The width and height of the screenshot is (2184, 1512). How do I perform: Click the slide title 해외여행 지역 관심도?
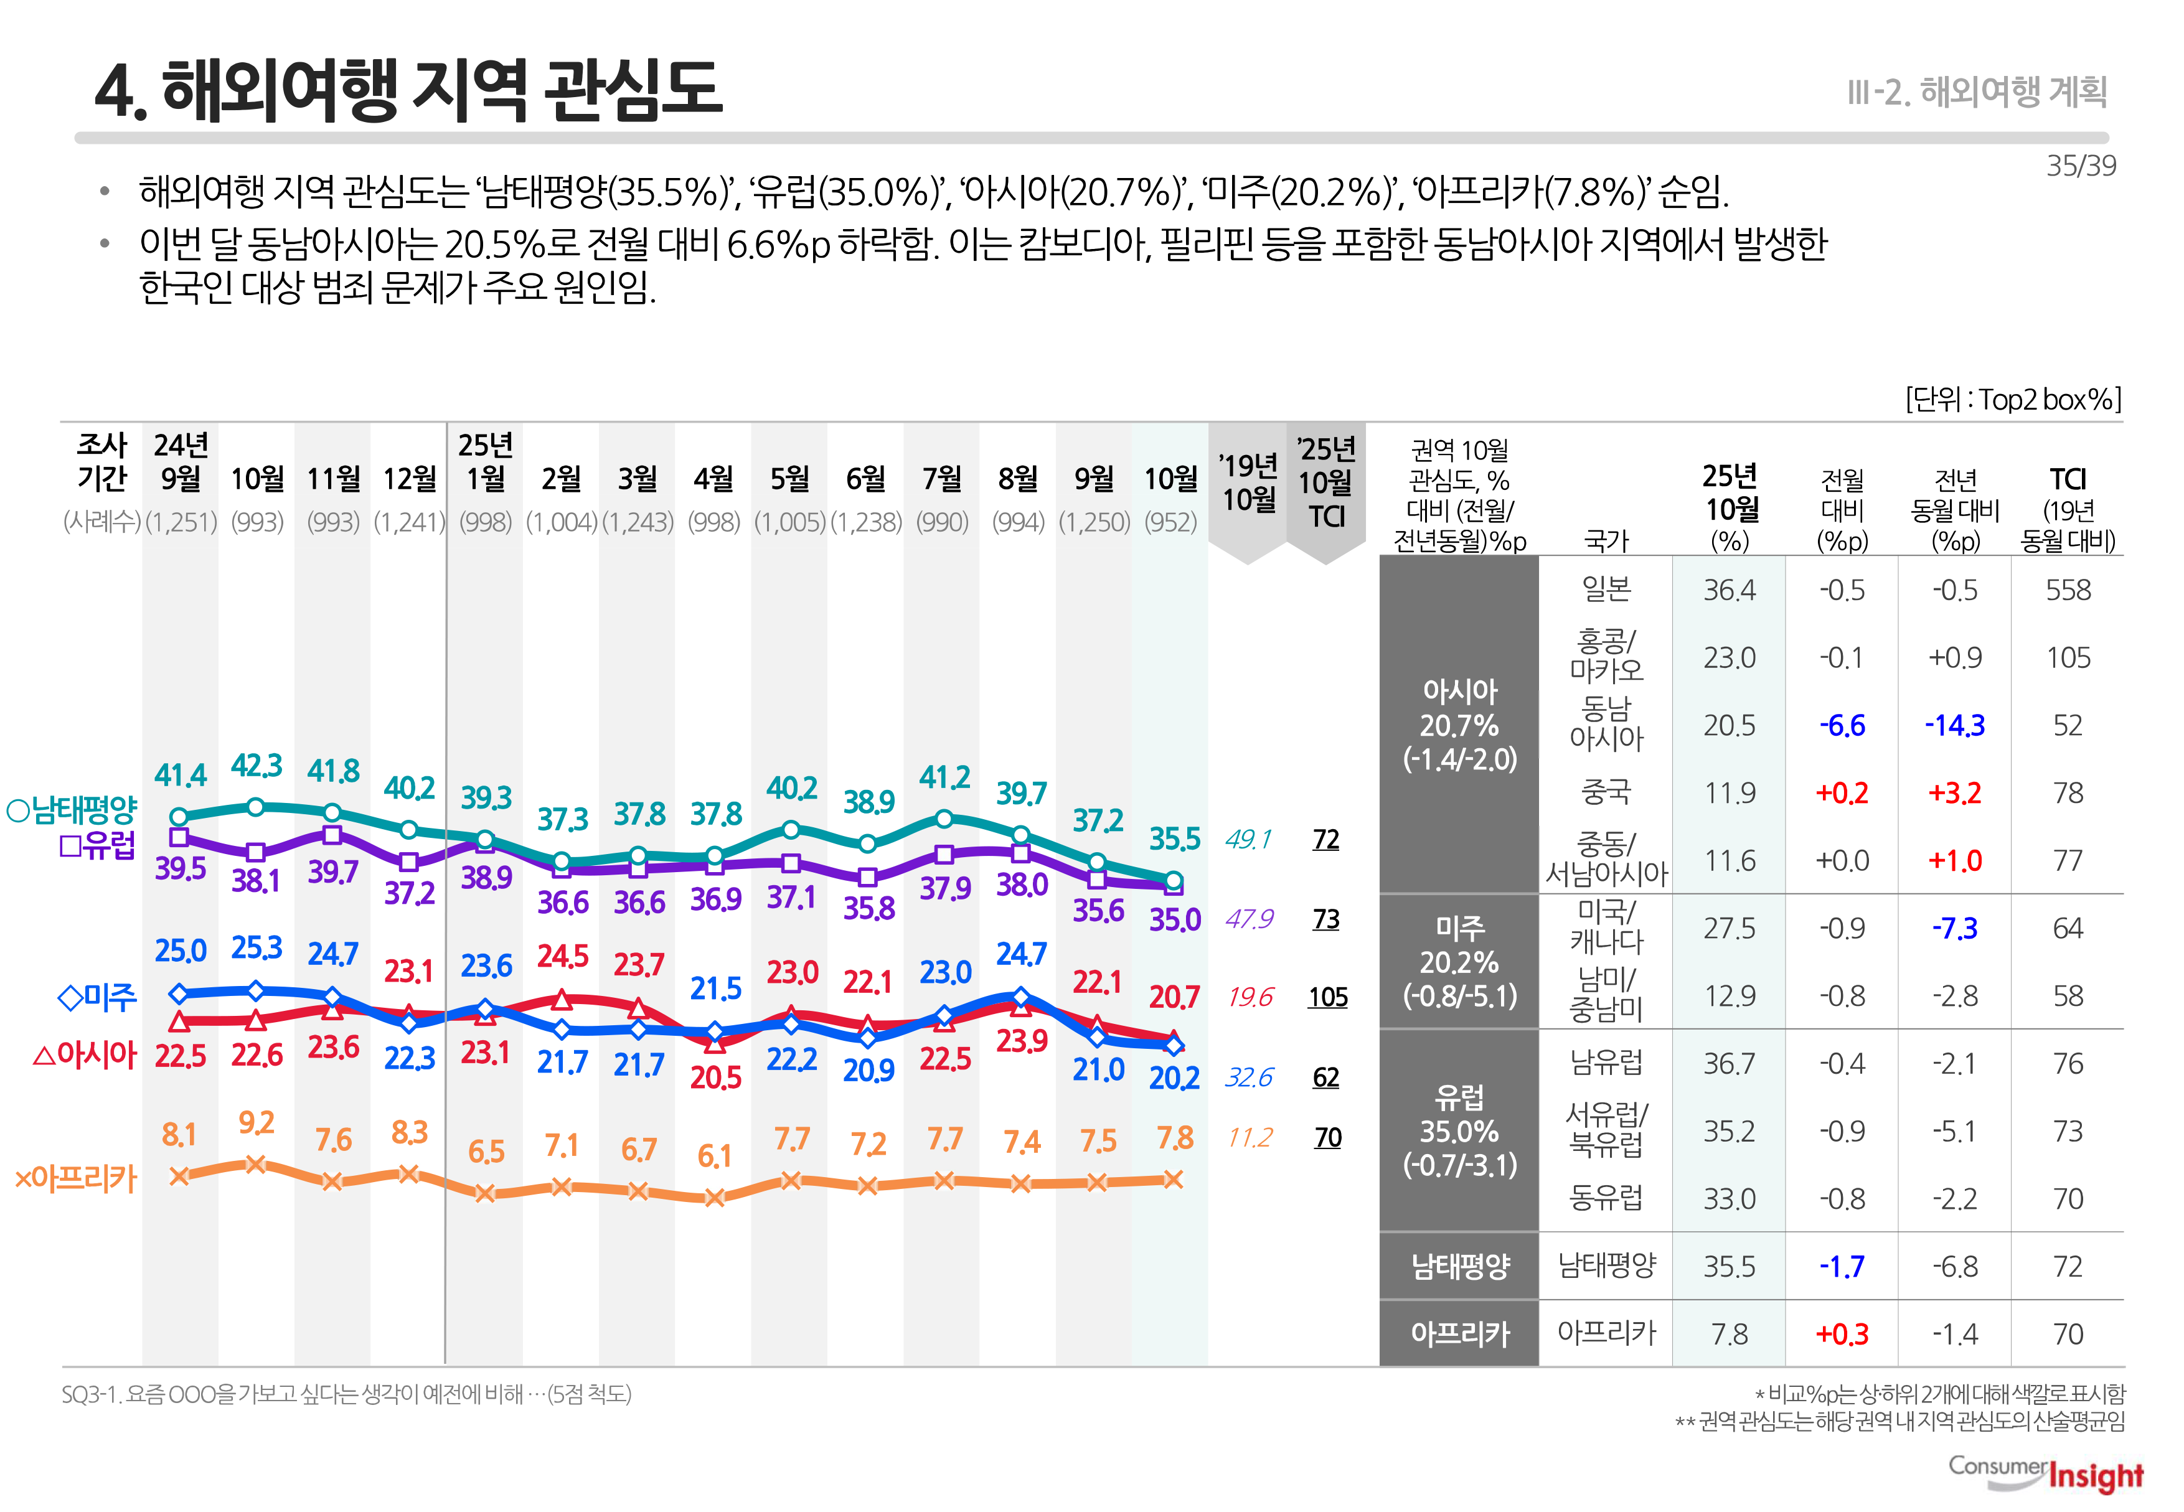point(409,90)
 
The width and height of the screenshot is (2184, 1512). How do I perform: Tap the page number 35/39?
point(2080,166)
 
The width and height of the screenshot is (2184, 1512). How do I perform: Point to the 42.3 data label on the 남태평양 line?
point(256,766)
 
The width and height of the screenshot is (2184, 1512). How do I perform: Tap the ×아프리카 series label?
point(76,1178)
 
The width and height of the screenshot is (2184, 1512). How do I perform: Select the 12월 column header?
point(408,479)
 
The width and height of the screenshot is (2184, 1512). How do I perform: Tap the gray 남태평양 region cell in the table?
point(1459,1267)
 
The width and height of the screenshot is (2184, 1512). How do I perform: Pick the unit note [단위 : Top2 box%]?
point(2013,400)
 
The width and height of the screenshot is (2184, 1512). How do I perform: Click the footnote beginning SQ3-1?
point(346,1394)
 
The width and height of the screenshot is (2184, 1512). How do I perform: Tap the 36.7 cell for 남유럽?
point(1728,1064)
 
